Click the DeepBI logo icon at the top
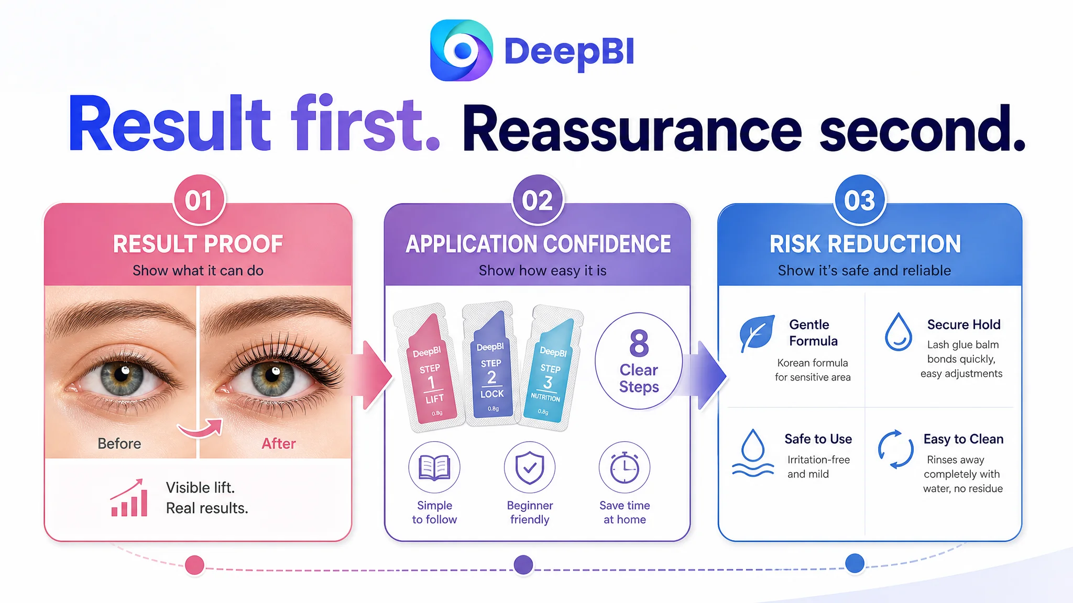click(461, 50)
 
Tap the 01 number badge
click(199, 200)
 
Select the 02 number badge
click(538, 200)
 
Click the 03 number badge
click(860, 200)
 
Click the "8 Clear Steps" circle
click(639, 361)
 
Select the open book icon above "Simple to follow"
click(434, 467)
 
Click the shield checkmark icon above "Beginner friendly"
click(530, 467)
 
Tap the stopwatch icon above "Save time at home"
click(625, 467)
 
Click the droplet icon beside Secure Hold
click(899, 332)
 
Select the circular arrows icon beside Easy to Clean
click(896, 449)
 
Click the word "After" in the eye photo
click(279, 444)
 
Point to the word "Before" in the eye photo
click(119, 444)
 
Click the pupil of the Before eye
click(122, 376)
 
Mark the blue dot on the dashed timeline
click(855, 563)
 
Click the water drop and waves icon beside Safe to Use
click(753, 453)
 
